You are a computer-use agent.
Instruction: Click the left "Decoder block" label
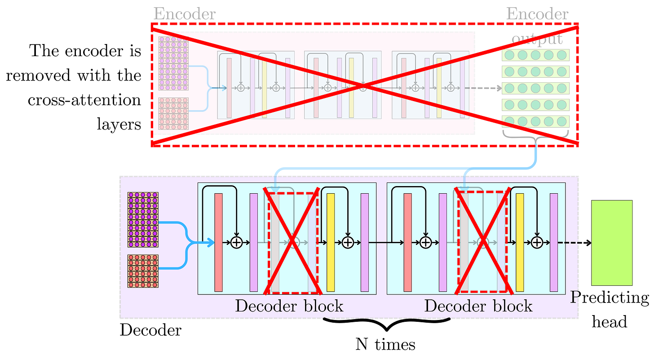click(289, 306)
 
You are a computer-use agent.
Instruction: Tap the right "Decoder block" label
click(478, 306)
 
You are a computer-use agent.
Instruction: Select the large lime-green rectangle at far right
click(612, 243)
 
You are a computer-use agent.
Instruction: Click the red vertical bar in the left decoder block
click(219, 242)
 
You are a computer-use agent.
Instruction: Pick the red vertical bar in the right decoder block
click(408, 242)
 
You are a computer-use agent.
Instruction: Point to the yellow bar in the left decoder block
click(331, 242)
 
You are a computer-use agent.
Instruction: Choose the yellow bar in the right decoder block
click(520, 242)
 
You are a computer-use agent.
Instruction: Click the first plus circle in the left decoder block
click(236, 243)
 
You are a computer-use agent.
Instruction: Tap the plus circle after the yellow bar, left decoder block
click(348, 243)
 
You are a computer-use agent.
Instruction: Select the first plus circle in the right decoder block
click(425, 243)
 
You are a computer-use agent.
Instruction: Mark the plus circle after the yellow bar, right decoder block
click(537, 243)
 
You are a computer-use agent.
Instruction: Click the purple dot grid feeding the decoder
click(143, 219)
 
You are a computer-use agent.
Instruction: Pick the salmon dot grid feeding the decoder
click(143, 271)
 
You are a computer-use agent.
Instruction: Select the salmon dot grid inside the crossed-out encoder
click(173, 113)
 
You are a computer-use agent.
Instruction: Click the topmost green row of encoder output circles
click(535, 55)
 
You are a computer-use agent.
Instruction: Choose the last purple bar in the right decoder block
click(554, 242)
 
